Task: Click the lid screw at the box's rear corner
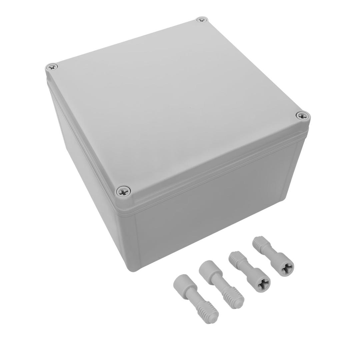pos(202,20)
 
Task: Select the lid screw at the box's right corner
pos(303,116)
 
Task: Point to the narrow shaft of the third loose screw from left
pos(248,270)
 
